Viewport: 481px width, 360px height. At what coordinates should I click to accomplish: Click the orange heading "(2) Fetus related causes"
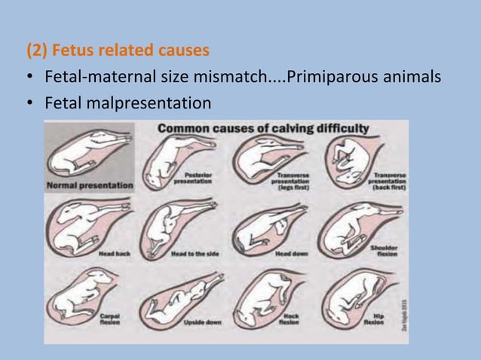pos(118,52)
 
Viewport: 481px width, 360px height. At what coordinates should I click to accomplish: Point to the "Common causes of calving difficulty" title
pos(263,128)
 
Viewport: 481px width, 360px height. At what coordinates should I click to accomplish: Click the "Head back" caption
pos(114,255)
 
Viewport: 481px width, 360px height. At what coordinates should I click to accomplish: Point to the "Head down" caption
pos(291,255)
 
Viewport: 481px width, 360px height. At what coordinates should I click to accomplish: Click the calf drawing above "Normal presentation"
pos(87,154)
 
